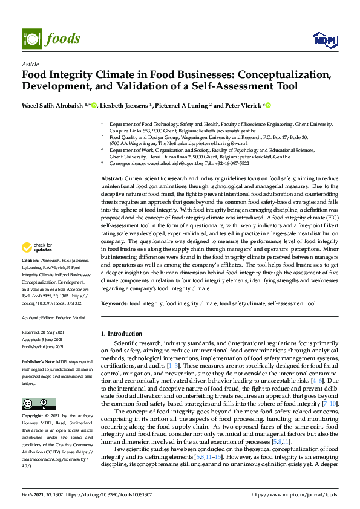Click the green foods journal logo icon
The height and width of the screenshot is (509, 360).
(30, 37)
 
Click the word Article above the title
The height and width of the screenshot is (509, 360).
(30, 65)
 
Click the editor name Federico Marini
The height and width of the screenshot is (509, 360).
(70, 317)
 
